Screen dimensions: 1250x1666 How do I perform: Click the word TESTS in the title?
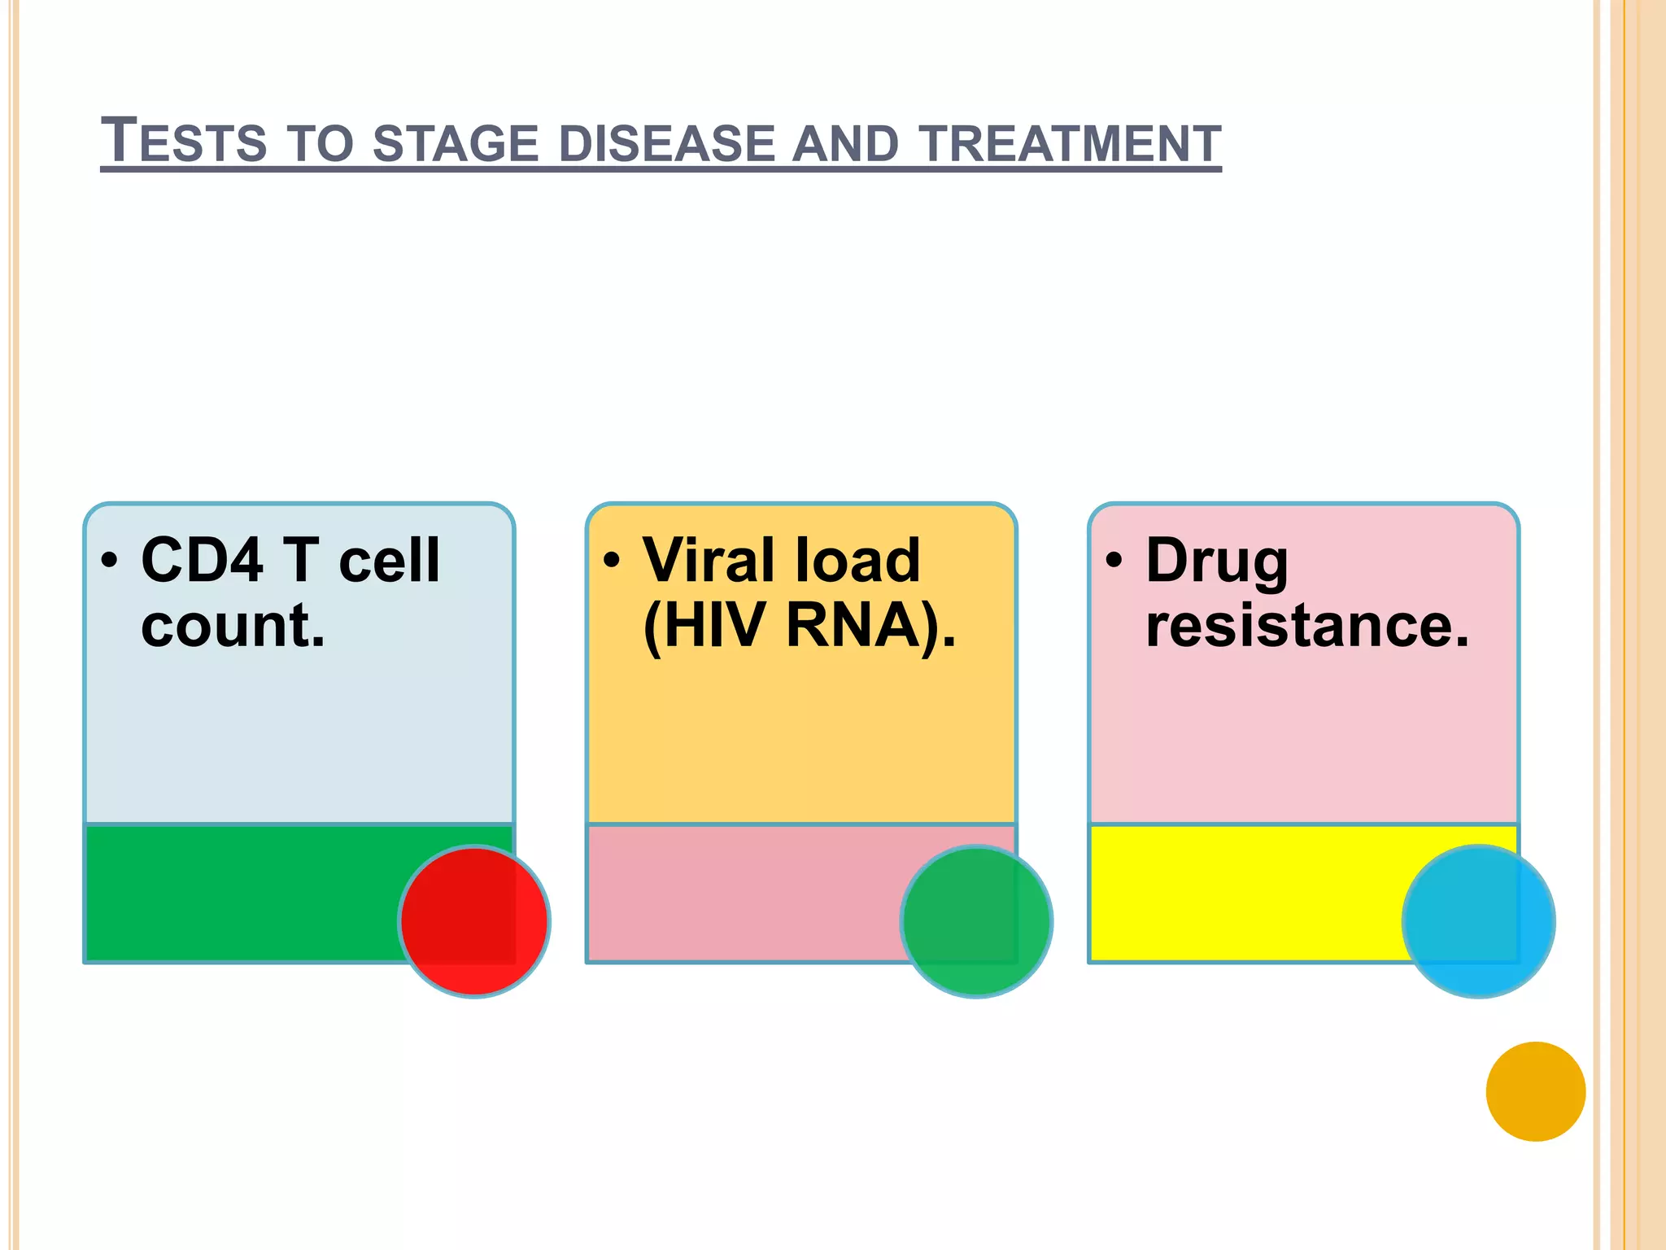tap(184, 142)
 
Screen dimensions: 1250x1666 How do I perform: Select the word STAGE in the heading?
tap(456, 143)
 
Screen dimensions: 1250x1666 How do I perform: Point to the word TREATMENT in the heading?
tap(1071, 143)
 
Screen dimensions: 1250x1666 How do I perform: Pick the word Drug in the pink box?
tap(1217, 562)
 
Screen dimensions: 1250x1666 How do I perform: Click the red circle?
tap(474, 921)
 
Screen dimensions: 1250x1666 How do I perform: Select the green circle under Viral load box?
tap(976, 921)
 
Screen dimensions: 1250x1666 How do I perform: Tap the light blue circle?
tap(1478, 921)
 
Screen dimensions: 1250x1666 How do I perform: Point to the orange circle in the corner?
tap(1535, 1091)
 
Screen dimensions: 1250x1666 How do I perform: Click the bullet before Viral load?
tap(612, 561)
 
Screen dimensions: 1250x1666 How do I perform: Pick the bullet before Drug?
tap(1114, 561)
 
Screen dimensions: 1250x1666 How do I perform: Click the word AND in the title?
tap(846, 143)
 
